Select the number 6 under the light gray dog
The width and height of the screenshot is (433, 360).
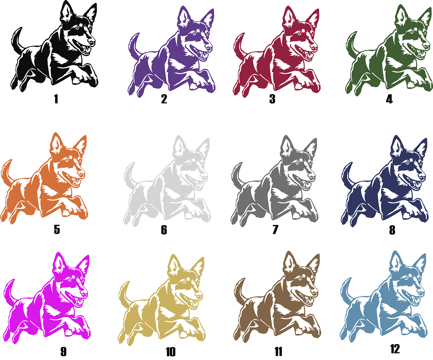(164, 230)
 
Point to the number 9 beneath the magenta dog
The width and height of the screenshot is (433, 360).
(63, 351)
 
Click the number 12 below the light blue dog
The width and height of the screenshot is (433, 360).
(395, 349)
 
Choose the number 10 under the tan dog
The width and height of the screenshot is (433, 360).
(171, 352)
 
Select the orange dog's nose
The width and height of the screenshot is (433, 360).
(81, 174)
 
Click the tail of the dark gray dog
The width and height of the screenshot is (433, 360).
(237, 174)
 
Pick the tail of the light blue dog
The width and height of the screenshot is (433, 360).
(346, 290)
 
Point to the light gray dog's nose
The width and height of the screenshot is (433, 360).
(204, 176)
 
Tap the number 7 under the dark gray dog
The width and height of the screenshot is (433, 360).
(275, 229)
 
